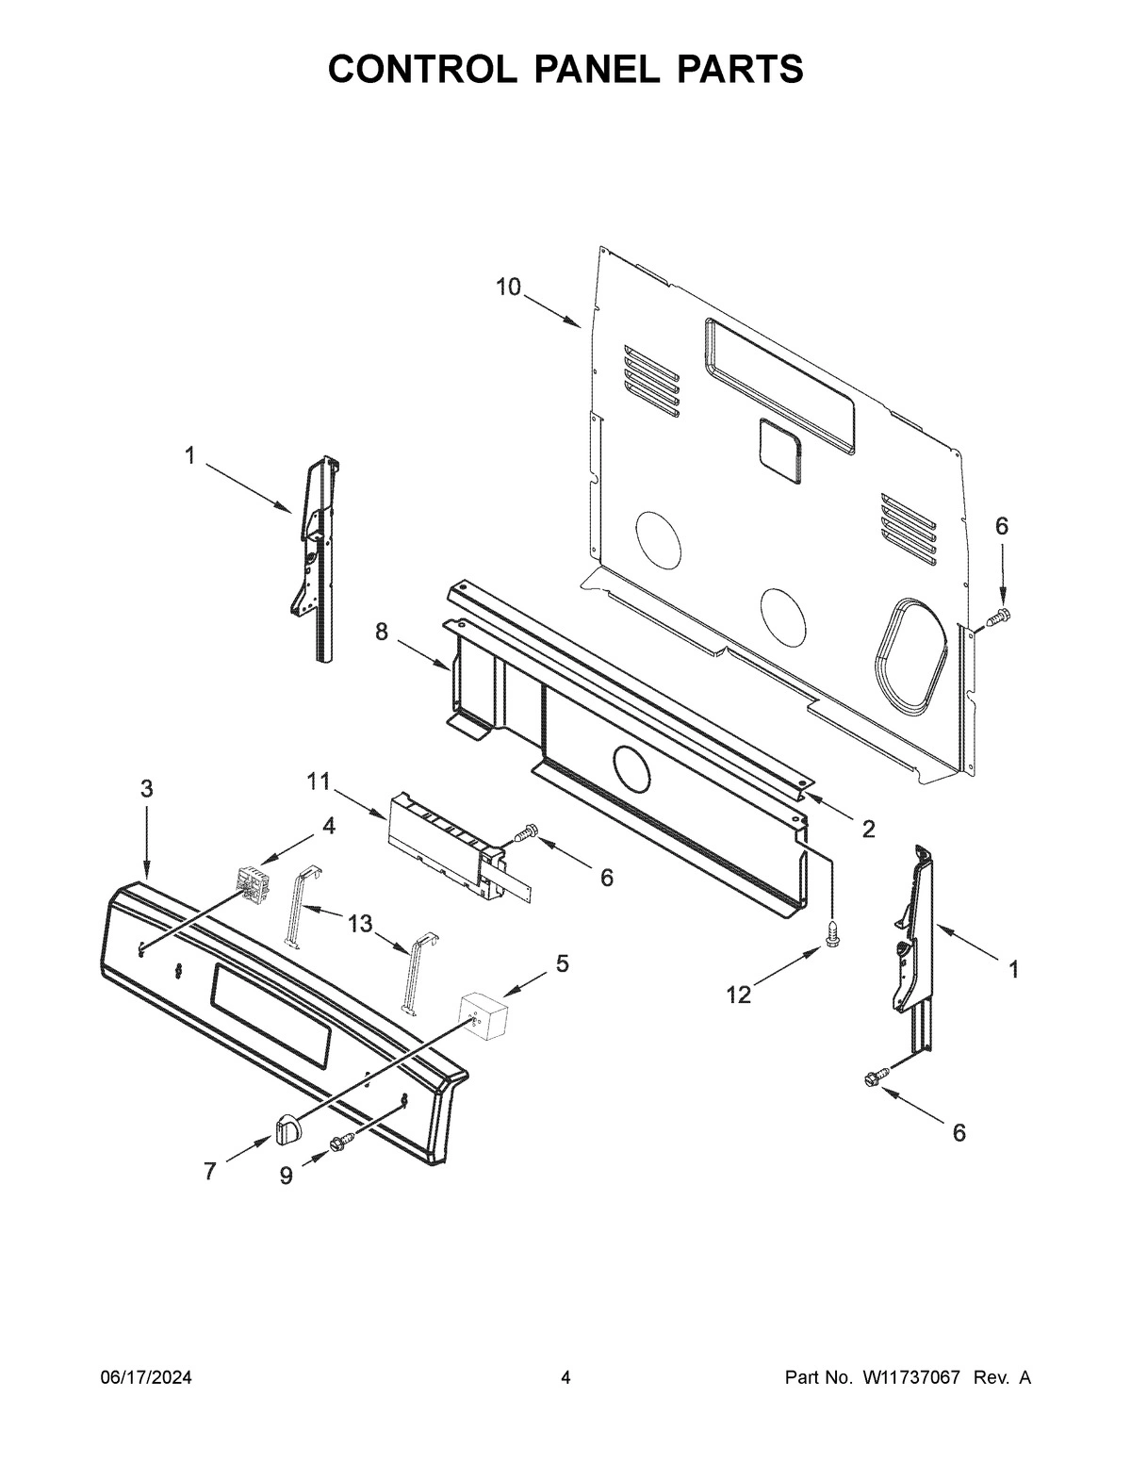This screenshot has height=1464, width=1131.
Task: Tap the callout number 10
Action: pos(508,288)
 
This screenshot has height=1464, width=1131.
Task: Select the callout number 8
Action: pos(382,633)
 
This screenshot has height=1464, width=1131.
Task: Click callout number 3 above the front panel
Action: pos(147,789)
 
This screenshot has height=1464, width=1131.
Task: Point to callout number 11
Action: pos(318,781)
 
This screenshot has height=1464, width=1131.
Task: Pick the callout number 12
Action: pos(738,995)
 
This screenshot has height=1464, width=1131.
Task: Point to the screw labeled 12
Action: pos(832,932)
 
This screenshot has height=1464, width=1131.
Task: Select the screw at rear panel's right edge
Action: pos(998,617)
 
